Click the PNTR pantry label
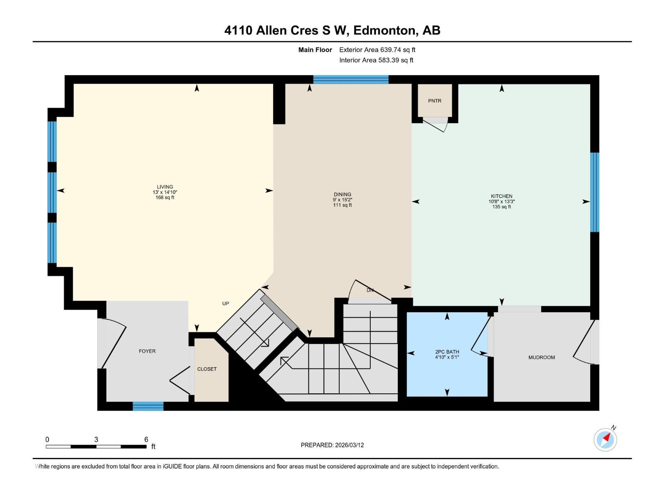coord(434,101)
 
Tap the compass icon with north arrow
coord(606,440)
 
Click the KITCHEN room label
coord(501,196)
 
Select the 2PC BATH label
coord(447,352)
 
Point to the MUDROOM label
coord(541,358)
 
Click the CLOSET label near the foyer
coord(207,369)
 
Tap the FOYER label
coord(147,351)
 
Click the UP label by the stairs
coord(225,304)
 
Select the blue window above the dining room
coord(350,79)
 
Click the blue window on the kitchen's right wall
coord(594,192)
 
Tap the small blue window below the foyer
coord(148,406)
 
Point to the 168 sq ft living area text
coord(165,198)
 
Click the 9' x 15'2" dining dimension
coord(342,200)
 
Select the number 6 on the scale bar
coord(146,440)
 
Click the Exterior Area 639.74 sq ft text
coord(377,50)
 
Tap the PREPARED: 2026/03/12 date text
coord(332,445)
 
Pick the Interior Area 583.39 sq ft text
coord(376,60)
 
